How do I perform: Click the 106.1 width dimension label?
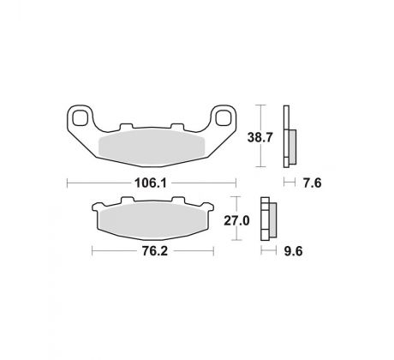151,183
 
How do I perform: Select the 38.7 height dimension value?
260,137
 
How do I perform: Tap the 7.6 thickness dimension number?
312,183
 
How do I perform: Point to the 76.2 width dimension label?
155,251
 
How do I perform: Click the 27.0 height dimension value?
236,220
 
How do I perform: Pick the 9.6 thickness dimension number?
293,251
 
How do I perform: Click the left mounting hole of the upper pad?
80,117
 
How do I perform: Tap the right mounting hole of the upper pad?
224,117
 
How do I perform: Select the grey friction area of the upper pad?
152,147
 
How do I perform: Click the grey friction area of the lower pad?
152,221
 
